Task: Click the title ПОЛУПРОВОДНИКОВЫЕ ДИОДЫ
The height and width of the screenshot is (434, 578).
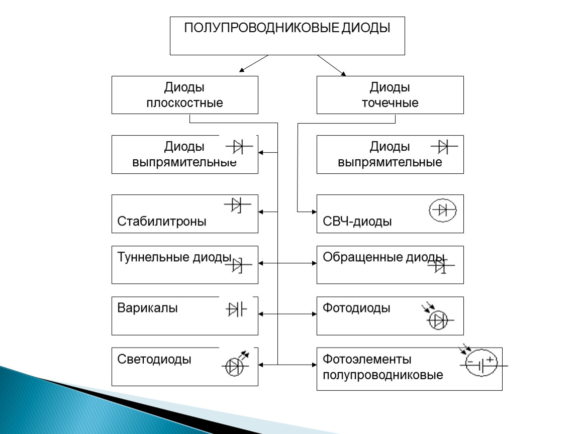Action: tap(287, 28)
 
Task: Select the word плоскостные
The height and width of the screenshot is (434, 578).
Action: tap(184, 103)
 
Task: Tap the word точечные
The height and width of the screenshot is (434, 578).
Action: tap(390, 103)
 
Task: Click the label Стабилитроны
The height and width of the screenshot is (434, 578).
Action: tap(161, 221)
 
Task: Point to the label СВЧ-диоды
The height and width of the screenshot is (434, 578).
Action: tap(357, 222)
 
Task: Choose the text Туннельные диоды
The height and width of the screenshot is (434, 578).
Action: tap(174, 257)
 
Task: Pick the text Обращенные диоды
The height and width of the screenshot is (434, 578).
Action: tap(383, 257)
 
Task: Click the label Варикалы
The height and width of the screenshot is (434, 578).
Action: tap(147, 308)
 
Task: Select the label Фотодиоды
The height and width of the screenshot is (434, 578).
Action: tap(356, 308)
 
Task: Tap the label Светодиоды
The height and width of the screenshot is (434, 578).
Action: tap(154, 359)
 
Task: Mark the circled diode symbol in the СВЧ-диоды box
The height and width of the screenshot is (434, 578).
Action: tap(443, 210)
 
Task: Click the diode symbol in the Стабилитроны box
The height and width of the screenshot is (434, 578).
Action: tap(237, 205)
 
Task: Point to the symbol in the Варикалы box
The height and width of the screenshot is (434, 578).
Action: tap(236, 309)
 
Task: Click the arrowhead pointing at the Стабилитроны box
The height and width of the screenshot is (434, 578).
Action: tap(261, 212)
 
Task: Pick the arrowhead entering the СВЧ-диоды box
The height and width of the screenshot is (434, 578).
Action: tap(315, 212)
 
